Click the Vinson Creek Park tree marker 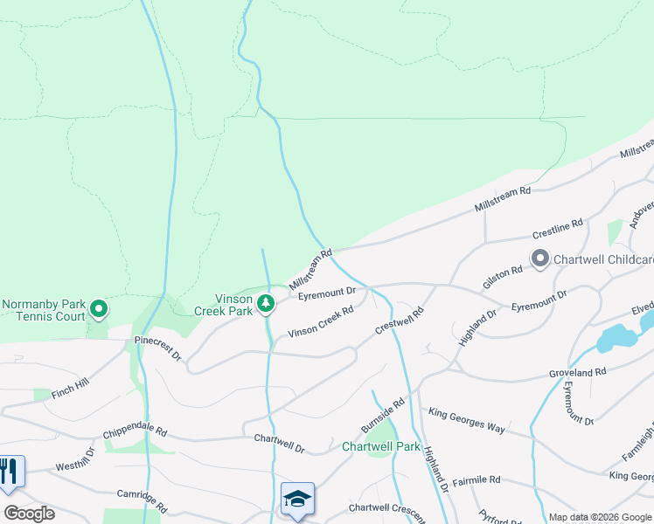[x=267, y=303]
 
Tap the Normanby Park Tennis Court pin [x=99, y=309]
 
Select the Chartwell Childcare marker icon [x=539, y=258]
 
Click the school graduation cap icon [x=297, y=499]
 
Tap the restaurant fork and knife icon [x=9, y=472]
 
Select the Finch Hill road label [x=70, y=387]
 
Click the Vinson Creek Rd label [x=320, y=321]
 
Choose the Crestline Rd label [x=557, y=230]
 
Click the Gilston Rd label [x=503, y=278]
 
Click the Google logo [x=29, y=514]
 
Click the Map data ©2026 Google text [x=600, y=517]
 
